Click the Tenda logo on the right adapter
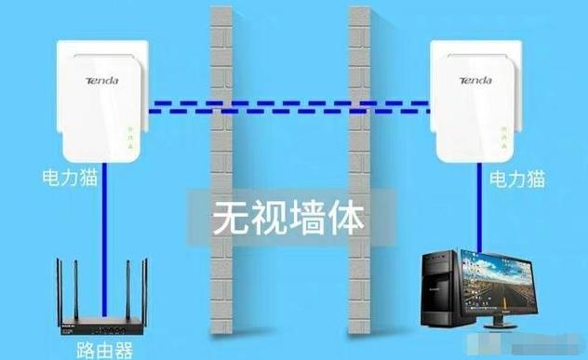pyautogui.click(x=472, y=81)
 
